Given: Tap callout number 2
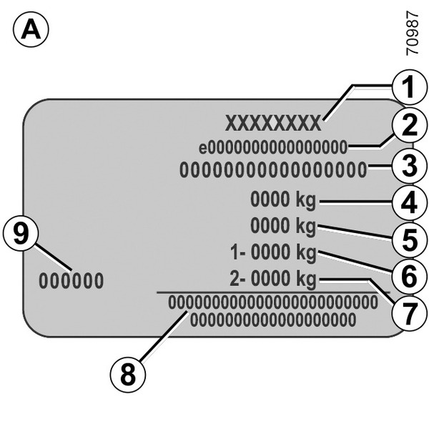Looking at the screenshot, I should click(408, 128).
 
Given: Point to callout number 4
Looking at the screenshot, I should click(408, 202).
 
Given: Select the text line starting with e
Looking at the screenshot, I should click(273, 148).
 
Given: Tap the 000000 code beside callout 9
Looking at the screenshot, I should click(71, 280).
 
